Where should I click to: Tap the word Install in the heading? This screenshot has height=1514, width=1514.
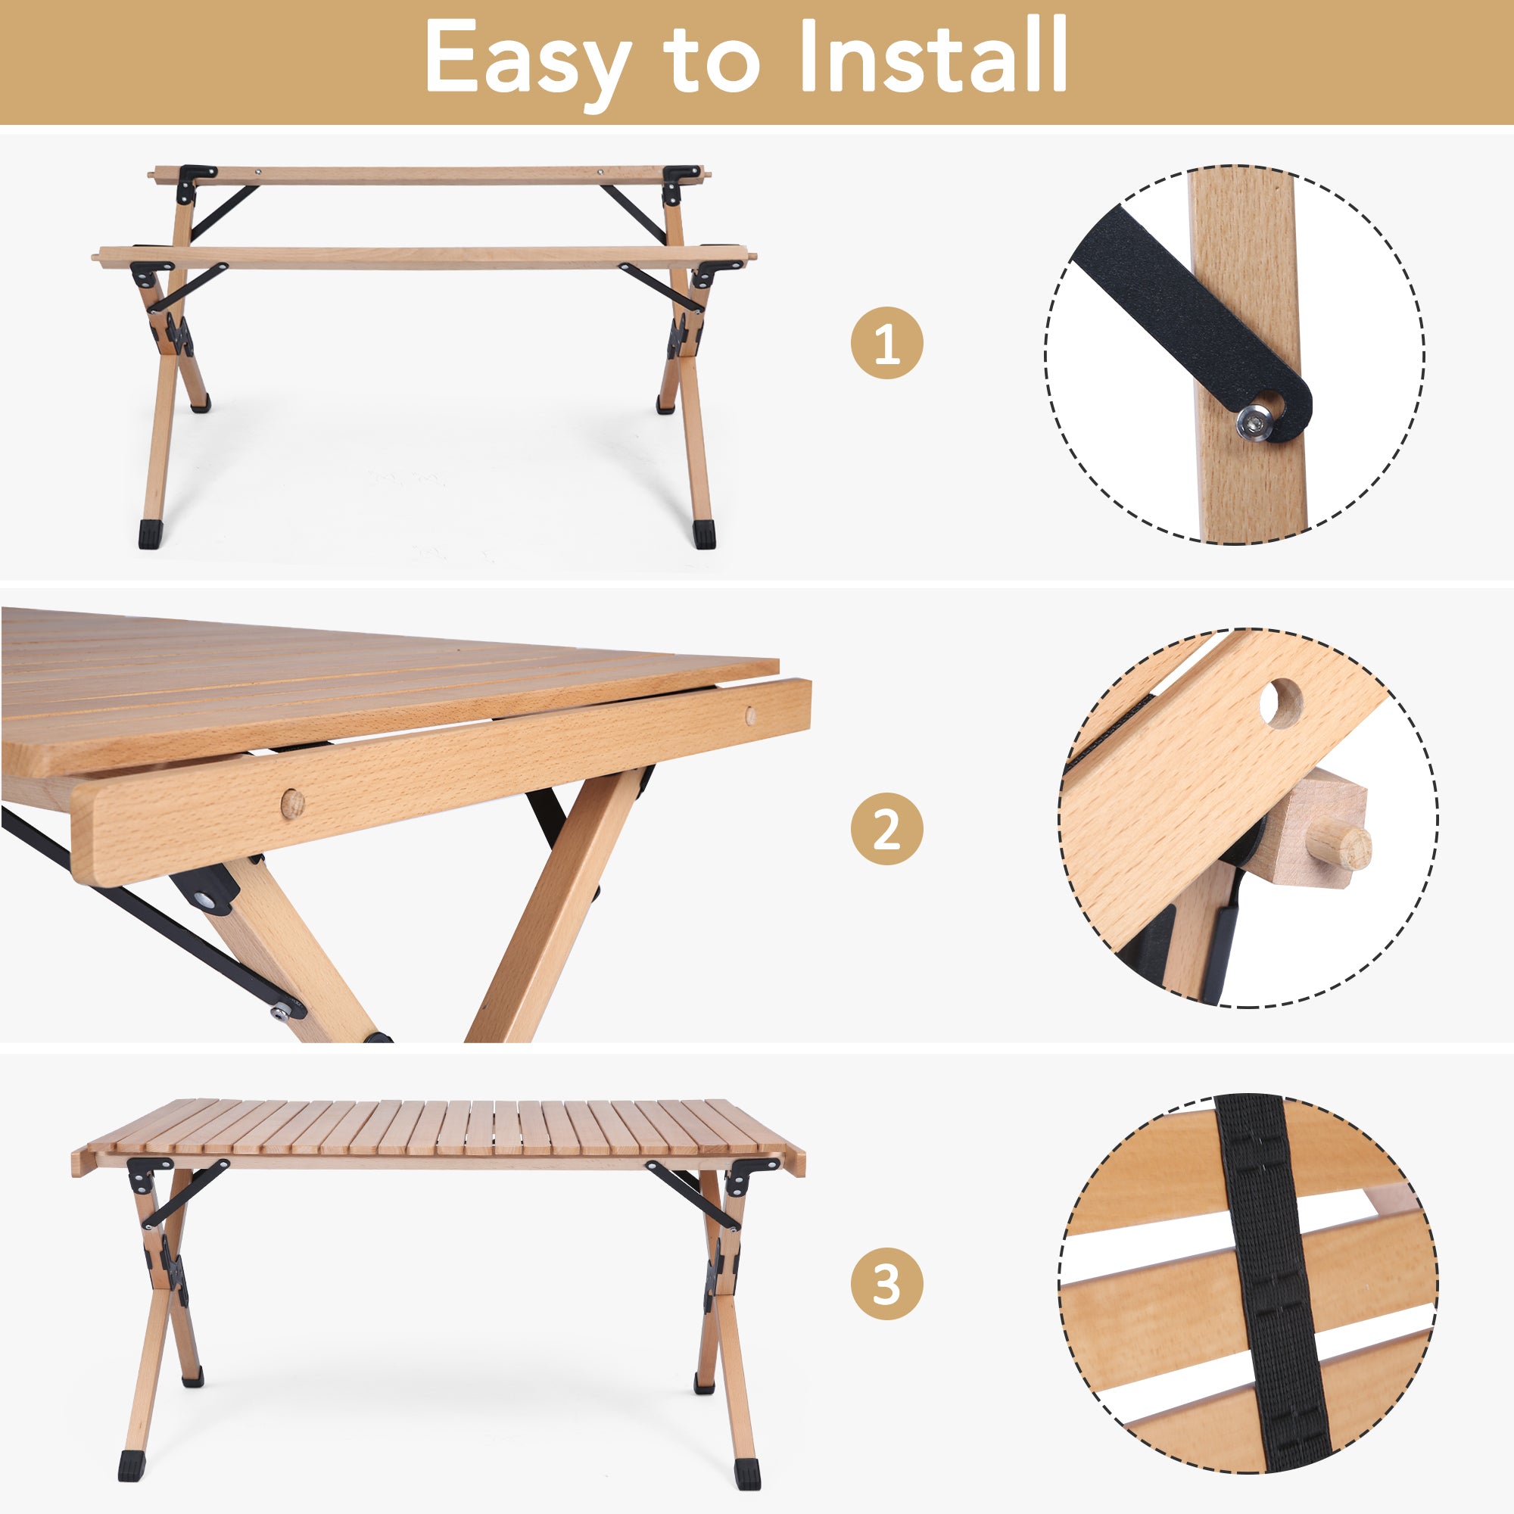click(933, 57)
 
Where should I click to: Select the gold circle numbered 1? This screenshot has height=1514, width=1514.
click(887, 343)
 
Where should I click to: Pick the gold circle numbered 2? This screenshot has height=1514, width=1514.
click(887, 829)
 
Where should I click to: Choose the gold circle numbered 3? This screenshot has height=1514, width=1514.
click(887, 1285)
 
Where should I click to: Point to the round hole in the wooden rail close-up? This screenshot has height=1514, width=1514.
click(1281, 703)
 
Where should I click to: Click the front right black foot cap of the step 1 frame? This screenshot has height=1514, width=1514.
click(705, 535)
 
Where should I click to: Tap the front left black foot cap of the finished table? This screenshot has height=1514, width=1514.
click(130, 1466)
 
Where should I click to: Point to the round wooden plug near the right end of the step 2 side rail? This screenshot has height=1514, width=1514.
click(751, 714)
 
